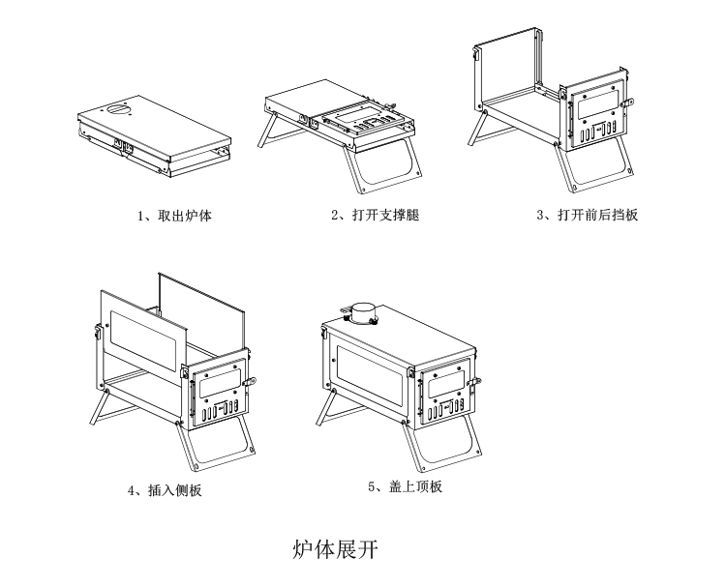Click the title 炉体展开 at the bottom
tap(334, 551)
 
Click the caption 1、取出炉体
tap(174, 216)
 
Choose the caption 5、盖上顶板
tap(405, 487)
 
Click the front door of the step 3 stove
tap(595, 116)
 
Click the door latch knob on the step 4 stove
tap(253, 382)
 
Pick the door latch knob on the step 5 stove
tap(475, 383)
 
